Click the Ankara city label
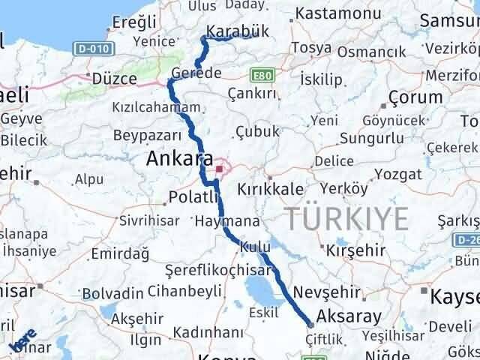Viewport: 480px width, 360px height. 178,159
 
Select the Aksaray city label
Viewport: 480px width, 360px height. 349,316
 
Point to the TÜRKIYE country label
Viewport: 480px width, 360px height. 346,218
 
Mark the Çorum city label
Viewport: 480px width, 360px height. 409,98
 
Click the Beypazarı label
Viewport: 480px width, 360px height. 148,135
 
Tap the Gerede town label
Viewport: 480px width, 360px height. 196,73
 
